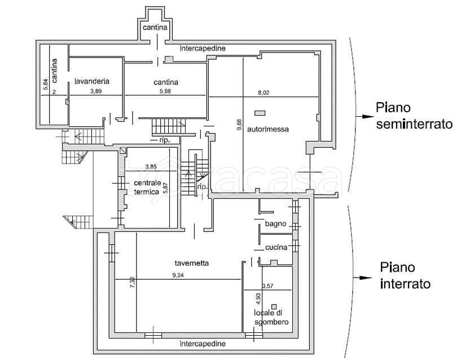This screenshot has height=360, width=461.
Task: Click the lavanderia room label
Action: tap(92, 81)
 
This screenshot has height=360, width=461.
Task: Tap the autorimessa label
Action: tap(268, 129)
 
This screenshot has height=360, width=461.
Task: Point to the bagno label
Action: tap(275, 223)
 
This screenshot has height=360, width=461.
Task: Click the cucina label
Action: tap(276, 247)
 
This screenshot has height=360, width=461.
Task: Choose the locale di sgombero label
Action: tap(271, 318)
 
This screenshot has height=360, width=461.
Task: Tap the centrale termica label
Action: tap(147, 187)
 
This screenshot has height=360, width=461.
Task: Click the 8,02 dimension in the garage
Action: tap(264, 93)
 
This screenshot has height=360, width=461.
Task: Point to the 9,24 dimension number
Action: tap(178, 275)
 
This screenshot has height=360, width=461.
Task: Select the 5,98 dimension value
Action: tap(165, 91)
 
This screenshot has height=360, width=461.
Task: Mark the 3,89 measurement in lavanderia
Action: tap(96, 91)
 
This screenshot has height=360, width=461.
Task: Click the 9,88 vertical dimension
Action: tap(240, 124)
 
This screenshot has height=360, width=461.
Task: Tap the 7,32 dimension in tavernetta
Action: tap(133, 282)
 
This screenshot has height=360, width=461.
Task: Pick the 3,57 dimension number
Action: tap(267, 286)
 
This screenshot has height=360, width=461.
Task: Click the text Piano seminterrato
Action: tap(414, 116)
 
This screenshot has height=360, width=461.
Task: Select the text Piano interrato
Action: tap(405, 275)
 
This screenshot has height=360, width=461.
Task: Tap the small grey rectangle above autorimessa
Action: tap(260, 113)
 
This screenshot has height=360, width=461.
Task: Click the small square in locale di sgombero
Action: tap(274, 306)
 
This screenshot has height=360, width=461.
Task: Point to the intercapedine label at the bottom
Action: tap(203, 343)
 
